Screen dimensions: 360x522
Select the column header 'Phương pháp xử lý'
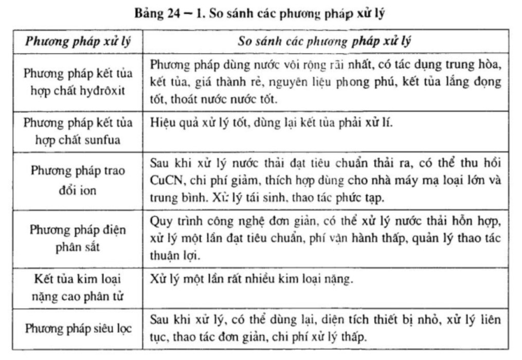[x=78, y=42]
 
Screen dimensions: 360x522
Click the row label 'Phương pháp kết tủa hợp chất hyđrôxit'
[x=78, y=82]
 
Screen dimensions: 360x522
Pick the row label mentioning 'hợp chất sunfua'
[x=78, y=132]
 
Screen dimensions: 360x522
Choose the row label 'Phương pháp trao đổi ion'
[x=78, y=178]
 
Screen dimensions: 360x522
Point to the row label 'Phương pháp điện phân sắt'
[x=78, y=238]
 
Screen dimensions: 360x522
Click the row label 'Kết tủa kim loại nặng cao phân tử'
[x=78, y=286]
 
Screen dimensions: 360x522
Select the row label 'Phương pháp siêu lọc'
[x=78, y=328]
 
